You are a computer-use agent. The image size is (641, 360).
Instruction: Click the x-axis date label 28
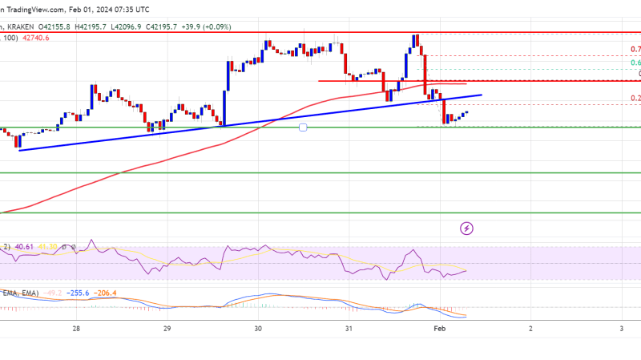coord(76,328)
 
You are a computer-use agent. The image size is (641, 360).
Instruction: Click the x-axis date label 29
coord(167,328)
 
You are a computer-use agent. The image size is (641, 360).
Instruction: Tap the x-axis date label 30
coord(258,328)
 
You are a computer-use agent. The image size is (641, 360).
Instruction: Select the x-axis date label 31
coord(349,328)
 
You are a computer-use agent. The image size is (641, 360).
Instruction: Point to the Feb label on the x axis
coord(440,328)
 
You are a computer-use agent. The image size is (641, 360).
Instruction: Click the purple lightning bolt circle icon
coord(467,229)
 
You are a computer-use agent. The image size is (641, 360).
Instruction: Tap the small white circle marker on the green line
coord(303,127)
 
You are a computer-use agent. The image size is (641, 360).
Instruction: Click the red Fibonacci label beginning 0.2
coord(635,99)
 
